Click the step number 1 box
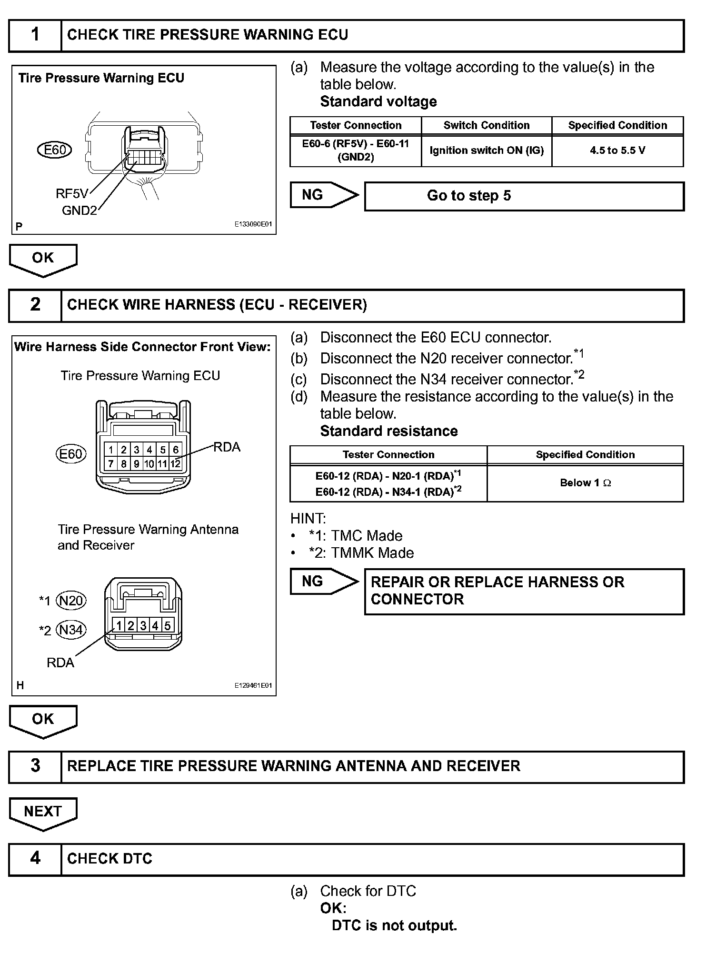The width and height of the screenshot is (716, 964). (x=35, y=35)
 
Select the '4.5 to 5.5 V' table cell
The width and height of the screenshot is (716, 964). (x=617, y=151)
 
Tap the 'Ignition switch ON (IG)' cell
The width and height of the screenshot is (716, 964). (x=486, y=151)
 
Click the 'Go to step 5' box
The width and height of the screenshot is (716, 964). (x=524, y=196)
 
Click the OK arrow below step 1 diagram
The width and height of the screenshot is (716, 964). (x=43, y=259)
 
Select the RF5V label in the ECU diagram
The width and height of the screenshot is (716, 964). (x=72, y=193)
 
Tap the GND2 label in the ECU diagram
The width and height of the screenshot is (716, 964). (x=79, y=211)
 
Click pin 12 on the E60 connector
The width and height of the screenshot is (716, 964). (x=176, y=463)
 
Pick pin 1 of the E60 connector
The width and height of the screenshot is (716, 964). (x=111, y=450)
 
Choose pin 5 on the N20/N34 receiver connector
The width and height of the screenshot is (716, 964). (x=168, y=625)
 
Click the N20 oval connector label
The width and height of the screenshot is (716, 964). (x=71, y=600)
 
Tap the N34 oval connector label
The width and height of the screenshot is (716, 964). (x=71, y=630)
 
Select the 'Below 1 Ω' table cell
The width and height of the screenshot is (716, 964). (x=585, y=483)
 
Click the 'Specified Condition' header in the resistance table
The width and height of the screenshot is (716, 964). (x=585, y=455)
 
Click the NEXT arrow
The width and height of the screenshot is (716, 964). (x=43, y=813)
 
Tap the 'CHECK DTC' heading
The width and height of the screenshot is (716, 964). (x=109, y=859)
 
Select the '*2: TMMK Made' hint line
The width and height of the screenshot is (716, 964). (x=361, y=553)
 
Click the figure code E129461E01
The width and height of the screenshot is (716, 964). (x=253, y=685)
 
